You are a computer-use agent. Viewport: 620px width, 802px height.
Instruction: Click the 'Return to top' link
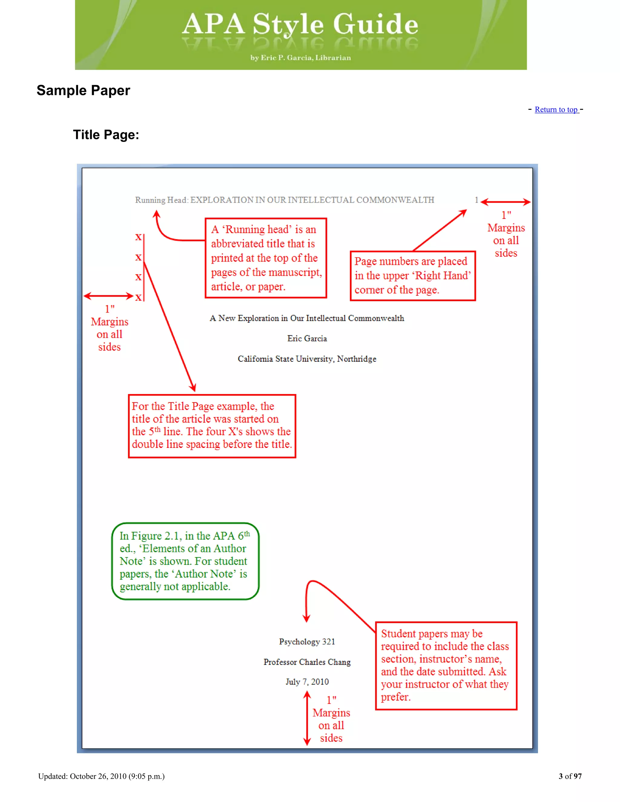pos(556,110)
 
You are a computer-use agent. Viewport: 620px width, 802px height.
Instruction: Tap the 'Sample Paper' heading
pos(83,90)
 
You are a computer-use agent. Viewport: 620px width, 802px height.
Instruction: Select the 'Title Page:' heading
pos(106,135)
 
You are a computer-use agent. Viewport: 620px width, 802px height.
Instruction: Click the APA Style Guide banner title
pos(300,24)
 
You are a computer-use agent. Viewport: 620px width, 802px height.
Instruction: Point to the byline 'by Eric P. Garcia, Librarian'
pos(300,58)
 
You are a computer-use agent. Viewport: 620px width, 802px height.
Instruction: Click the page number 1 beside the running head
pos(477,200)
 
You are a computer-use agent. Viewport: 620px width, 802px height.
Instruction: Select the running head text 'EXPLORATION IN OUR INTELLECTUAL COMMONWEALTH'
pos(312,200)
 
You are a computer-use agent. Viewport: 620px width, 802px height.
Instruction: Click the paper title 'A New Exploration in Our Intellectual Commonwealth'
pos(307,318)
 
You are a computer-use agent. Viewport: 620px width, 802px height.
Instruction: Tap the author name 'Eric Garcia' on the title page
pos(307,339)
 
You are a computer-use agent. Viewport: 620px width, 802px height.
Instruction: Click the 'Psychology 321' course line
pos(307,642)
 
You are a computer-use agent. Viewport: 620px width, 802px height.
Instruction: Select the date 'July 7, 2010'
pos(307,682)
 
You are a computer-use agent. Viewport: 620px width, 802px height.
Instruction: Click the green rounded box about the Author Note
pos(186,561)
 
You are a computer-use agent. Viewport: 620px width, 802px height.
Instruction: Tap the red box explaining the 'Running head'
pos(265,258)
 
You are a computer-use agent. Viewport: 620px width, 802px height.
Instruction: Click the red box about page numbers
pos(413,276)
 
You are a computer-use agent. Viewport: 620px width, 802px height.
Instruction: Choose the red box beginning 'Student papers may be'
pos(446,666)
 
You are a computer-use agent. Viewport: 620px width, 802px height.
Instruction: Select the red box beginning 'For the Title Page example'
pos(212,426)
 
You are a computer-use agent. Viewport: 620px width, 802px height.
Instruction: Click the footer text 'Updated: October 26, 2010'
pos(101,776)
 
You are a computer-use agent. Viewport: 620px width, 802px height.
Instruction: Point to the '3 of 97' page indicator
pos(570,776)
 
